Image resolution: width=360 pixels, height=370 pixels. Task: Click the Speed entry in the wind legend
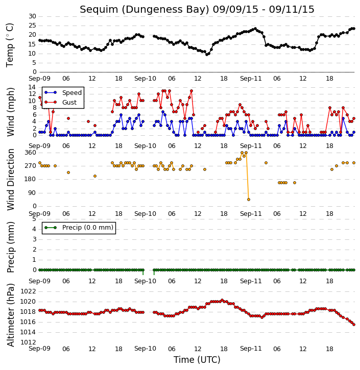point(63,92)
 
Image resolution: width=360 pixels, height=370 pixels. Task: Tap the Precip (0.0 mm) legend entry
point(79,228)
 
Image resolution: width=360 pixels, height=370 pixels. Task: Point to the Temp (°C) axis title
point(10,45)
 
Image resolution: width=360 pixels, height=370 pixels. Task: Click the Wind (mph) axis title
point(11,112)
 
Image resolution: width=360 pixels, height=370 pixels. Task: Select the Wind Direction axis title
point(11,179)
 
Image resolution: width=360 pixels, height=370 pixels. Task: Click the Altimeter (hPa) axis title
point(11,315)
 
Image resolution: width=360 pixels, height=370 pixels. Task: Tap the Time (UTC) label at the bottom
point(197,360)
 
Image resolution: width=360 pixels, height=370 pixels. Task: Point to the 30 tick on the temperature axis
point(32,16)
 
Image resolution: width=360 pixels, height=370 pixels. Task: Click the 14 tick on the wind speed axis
point(32,87)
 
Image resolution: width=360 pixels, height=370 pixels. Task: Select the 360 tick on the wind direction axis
point(31,153)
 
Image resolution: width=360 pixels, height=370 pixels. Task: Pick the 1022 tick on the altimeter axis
point(28,291)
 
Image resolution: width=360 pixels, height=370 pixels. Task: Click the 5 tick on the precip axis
point(34,219)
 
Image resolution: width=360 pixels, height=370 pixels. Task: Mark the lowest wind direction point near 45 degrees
point(249,200)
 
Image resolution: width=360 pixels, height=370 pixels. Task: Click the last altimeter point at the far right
point(354,325)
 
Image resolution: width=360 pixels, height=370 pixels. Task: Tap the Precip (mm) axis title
point(11,247)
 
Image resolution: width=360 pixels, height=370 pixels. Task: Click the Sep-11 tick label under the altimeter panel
point(251,349)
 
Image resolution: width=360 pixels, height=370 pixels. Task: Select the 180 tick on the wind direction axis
point(31,179)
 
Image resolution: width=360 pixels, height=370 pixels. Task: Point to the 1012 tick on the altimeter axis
point(28,342)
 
